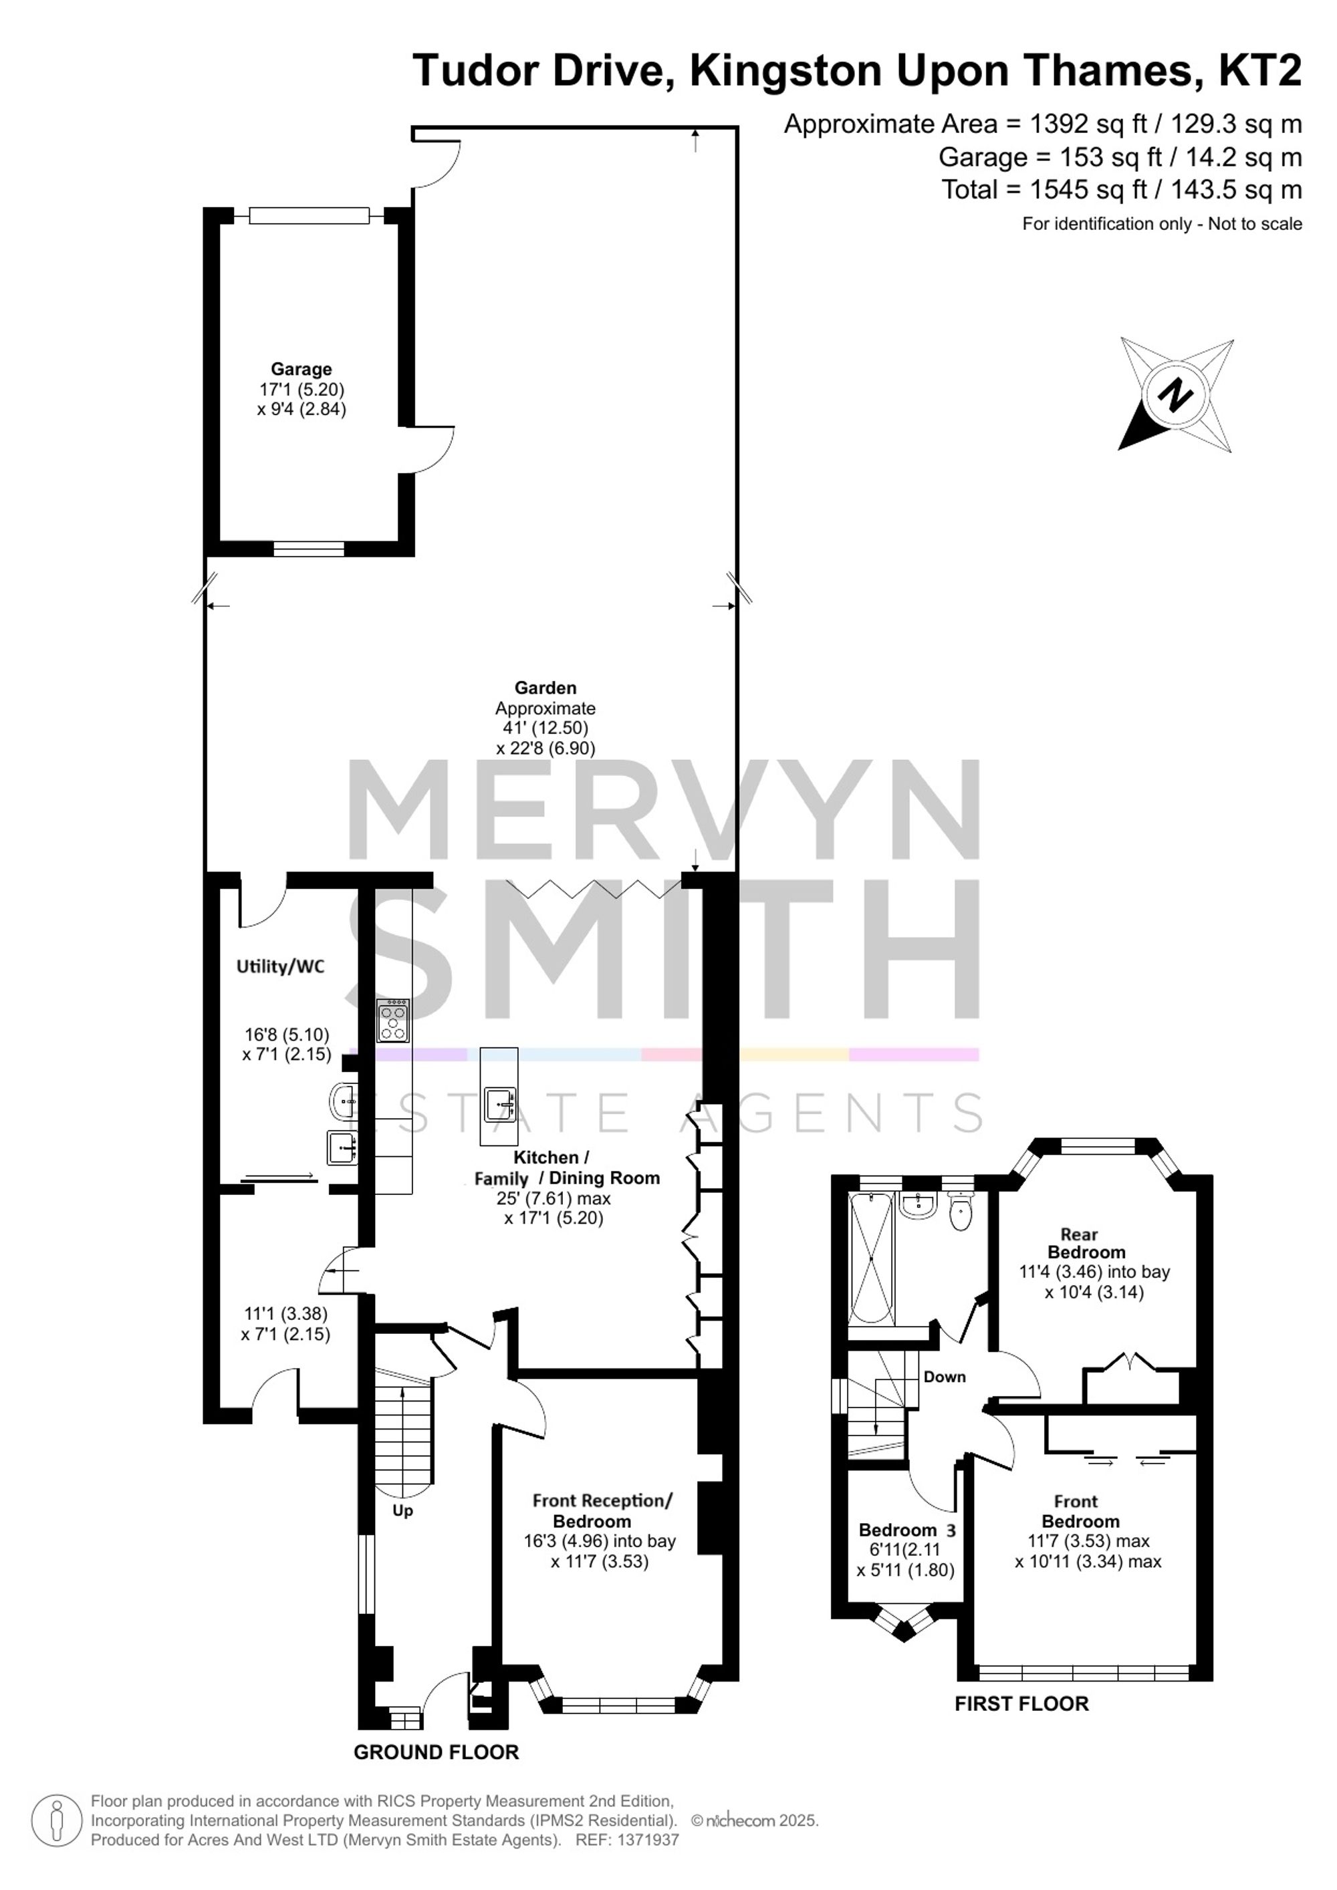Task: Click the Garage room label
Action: (x=301, y=370)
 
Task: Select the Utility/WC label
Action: (x=281, y=966)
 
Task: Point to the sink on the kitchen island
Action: (x=500, y=1105)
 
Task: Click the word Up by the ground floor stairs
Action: (x=402, y=1510)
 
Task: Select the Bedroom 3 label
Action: (x=907, y=1530)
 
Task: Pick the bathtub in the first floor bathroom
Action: (x=872, y=1257)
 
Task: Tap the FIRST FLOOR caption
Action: (x=1021, y=1704)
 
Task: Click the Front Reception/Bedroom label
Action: (x=602, y=1510)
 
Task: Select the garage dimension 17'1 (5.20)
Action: (x=301, y=390)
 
